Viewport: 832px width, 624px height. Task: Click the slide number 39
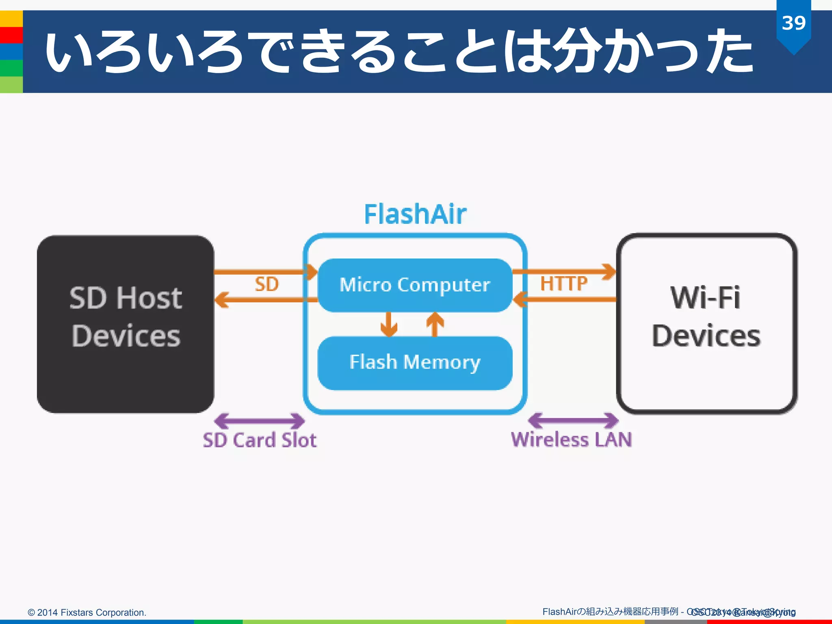click(x=793, y=23)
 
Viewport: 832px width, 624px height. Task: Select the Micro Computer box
click(x=415, y=285)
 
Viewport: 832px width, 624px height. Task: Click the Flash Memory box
click(x=415, y=362)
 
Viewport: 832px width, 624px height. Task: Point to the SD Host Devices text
click(x=126, y=317)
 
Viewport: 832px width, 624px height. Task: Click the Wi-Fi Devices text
click(x=706, y=317)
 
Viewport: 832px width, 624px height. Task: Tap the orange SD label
click(x=266, y=284)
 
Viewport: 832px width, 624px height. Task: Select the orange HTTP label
click(x=563, y=284)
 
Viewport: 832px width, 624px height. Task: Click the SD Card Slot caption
click(x=260, y=440)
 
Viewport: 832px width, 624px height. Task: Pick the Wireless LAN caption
click(x=571, y=440)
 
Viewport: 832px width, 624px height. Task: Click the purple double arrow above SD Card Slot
click(x=259, y=421)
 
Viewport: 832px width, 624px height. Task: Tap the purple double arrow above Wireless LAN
click(x=573, y=420)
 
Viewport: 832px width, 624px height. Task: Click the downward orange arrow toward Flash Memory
click(x=389, y=324)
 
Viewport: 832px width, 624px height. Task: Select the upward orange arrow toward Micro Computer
click(x=435, y=324)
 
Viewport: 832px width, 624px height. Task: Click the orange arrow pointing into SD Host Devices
click(x=260, y=300)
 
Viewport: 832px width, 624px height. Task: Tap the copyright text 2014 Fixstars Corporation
click(x=87, y=612)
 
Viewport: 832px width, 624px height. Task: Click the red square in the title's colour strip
click(x=11, y=35)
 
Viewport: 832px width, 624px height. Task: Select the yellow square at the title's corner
click(x=11, y=19)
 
